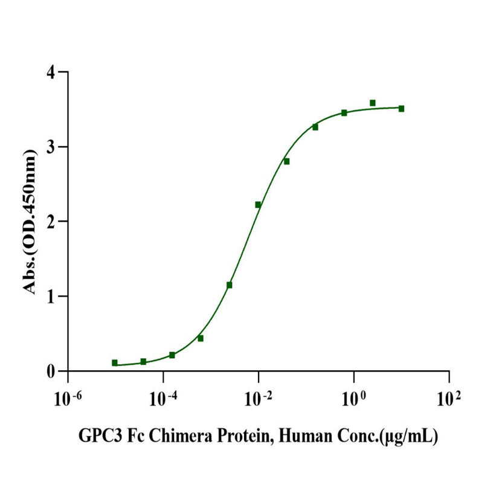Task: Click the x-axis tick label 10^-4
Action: point(163,398)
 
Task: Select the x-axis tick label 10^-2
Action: point(258,398)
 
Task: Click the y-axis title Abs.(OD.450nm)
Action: point(28,222)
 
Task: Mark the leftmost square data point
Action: point(115,363)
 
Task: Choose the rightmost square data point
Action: point(401,109)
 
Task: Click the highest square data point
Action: point(373,103)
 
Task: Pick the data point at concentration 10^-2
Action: point(258,205)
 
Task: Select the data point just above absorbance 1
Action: point(230,285)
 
